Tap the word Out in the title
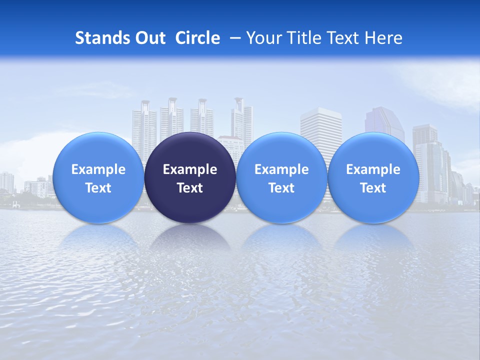pos(150,38)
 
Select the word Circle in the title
pos(197,38)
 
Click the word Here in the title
pos(383,38)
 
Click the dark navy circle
pos(190,178)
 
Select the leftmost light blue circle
pos(98,178)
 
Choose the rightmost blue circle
pos(373,178)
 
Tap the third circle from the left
pos(281,178)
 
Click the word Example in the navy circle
pos(190,169)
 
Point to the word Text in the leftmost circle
pos(98,188)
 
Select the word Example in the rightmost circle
pos(373,169)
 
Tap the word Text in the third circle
pos(281,188)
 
